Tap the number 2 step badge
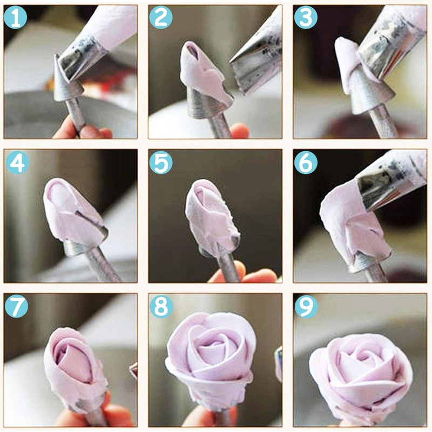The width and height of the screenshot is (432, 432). [161, 18]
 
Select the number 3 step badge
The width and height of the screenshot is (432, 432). [306, 18]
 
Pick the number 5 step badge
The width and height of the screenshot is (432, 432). [161, 163]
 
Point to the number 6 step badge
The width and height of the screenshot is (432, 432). [306, 163]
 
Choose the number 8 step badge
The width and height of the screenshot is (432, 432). [161, 306]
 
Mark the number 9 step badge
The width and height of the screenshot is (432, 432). [306, 306]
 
